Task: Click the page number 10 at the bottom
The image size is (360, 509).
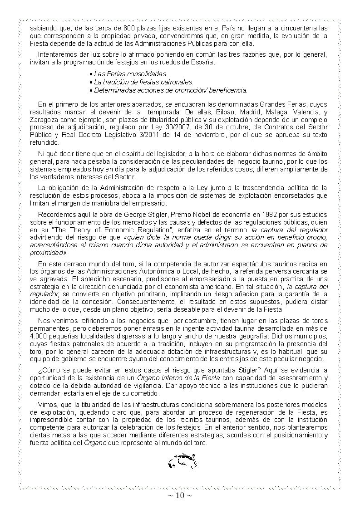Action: tap(180, 495)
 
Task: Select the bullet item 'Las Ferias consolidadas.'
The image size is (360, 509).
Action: tap(130, 73)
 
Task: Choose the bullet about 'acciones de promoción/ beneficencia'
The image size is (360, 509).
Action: tap(170, 90)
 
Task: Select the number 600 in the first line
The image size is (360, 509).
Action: tap(133, 28)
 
